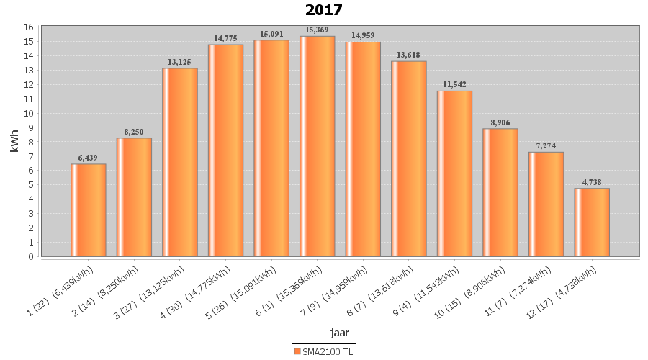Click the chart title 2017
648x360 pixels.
[x=323, y=10]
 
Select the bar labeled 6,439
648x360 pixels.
[x=88, y=210]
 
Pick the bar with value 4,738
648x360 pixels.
[x=592, y=222]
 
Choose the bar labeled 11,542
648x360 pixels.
[x=454, y=174]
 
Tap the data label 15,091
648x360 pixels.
[x=271, y=33]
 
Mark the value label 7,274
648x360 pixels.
[x=546, y=145]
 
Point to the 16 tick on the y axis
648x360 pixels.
[x=29, y=27]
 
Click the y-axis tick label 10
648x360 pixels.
[x=29, y=113]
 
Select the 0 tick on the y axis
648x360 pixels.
[x=31, y=256]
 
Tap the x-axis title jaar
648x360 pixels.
[x=340, y=332]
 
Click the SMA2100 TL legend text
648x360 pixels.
[x=328, y=351]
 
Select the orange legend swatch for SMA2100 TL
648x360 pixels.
[x=297, y=351]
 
